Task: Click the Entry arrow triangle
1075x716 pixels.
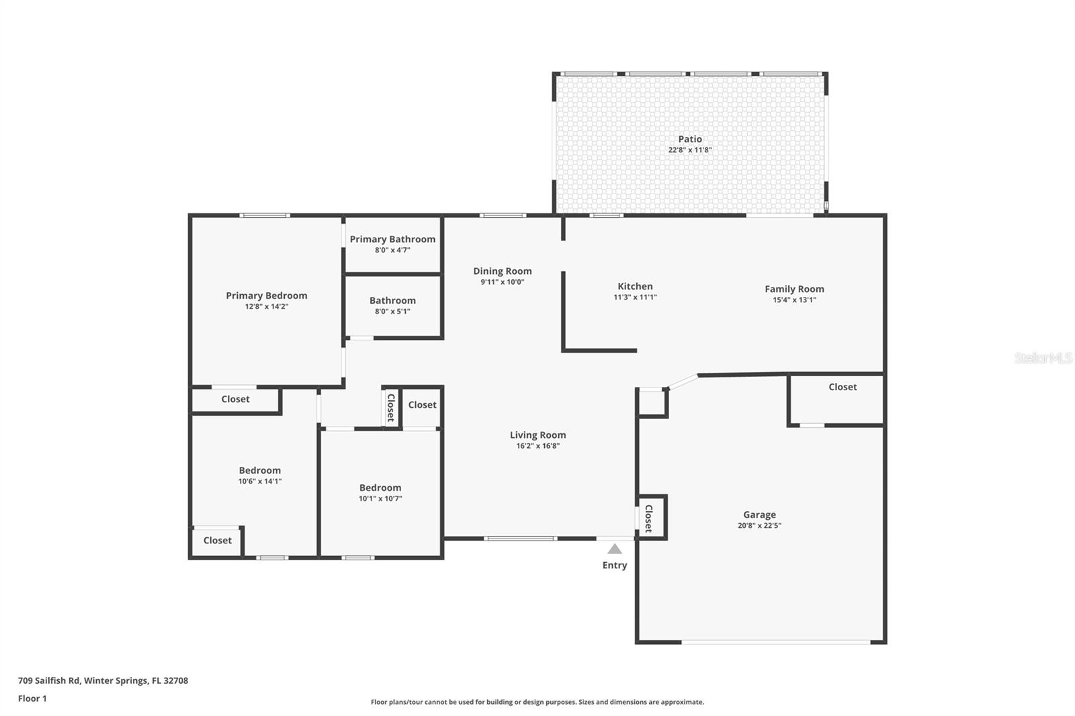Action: coord(615,549)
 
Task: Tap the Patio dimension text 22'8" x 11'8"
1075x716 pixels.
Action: coord(689,150)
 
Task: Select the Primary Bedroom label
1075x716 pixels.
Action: coord(266,296)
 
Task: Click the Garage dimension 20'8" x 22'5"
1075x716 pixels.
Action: coord(759,526)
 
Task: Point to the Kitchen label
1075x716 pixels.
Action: coord(635,286)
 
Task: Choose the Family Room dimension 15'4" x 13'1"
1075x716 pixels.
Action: coord(794,300)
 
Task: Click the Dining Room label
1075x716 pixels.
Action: coord(502,271)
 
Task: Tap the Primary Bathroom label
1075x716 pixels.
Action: coord(392,239)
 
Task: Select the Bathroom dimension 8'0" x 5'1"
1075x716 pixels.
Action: coord(392,311)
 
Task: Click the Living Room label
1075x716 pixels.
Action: coord(537,435)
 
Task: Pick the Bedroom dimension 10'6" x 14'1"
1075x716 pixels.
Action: coord(259,481)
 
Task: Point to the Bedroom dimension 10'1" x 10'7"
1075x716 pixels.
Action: coord(380,498)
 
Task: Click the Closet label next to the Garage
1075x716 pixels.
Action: coord(843,387)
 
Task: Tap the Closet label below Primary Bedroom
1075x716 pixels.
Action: coord(235,399)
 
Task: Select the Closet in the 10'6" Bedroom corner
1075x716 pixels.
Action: coord(217,540)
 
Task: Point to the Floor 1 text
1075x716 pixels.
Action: coord(32,699)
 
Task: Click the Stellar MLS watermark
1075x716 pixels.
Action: coord(1043,358)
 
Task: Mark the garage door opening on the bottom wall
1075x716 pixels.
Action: coord(776,643)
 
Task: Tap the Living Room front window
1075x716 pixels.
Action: coord(520,538)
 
